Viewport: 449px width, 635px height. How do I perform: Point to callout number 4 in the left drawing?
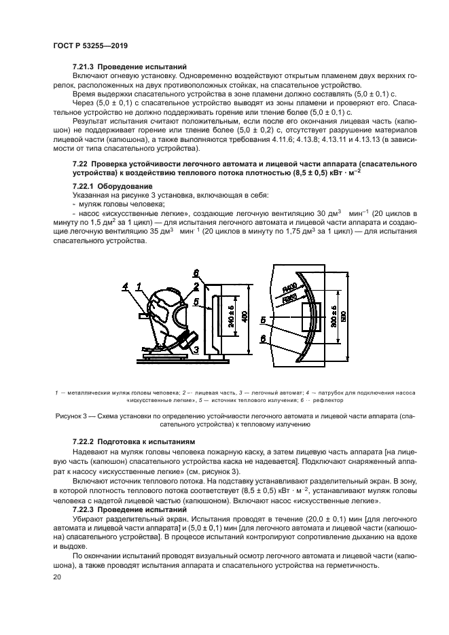click(125, 287)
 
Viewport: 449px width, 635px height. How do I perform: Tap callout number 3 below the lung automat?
click(196, 350)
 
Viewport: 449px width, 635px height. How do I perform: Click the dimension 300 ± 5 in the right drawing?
click(333, 316)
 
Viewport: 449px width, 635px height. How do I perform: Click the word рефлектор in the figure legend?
click(331, 400)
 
